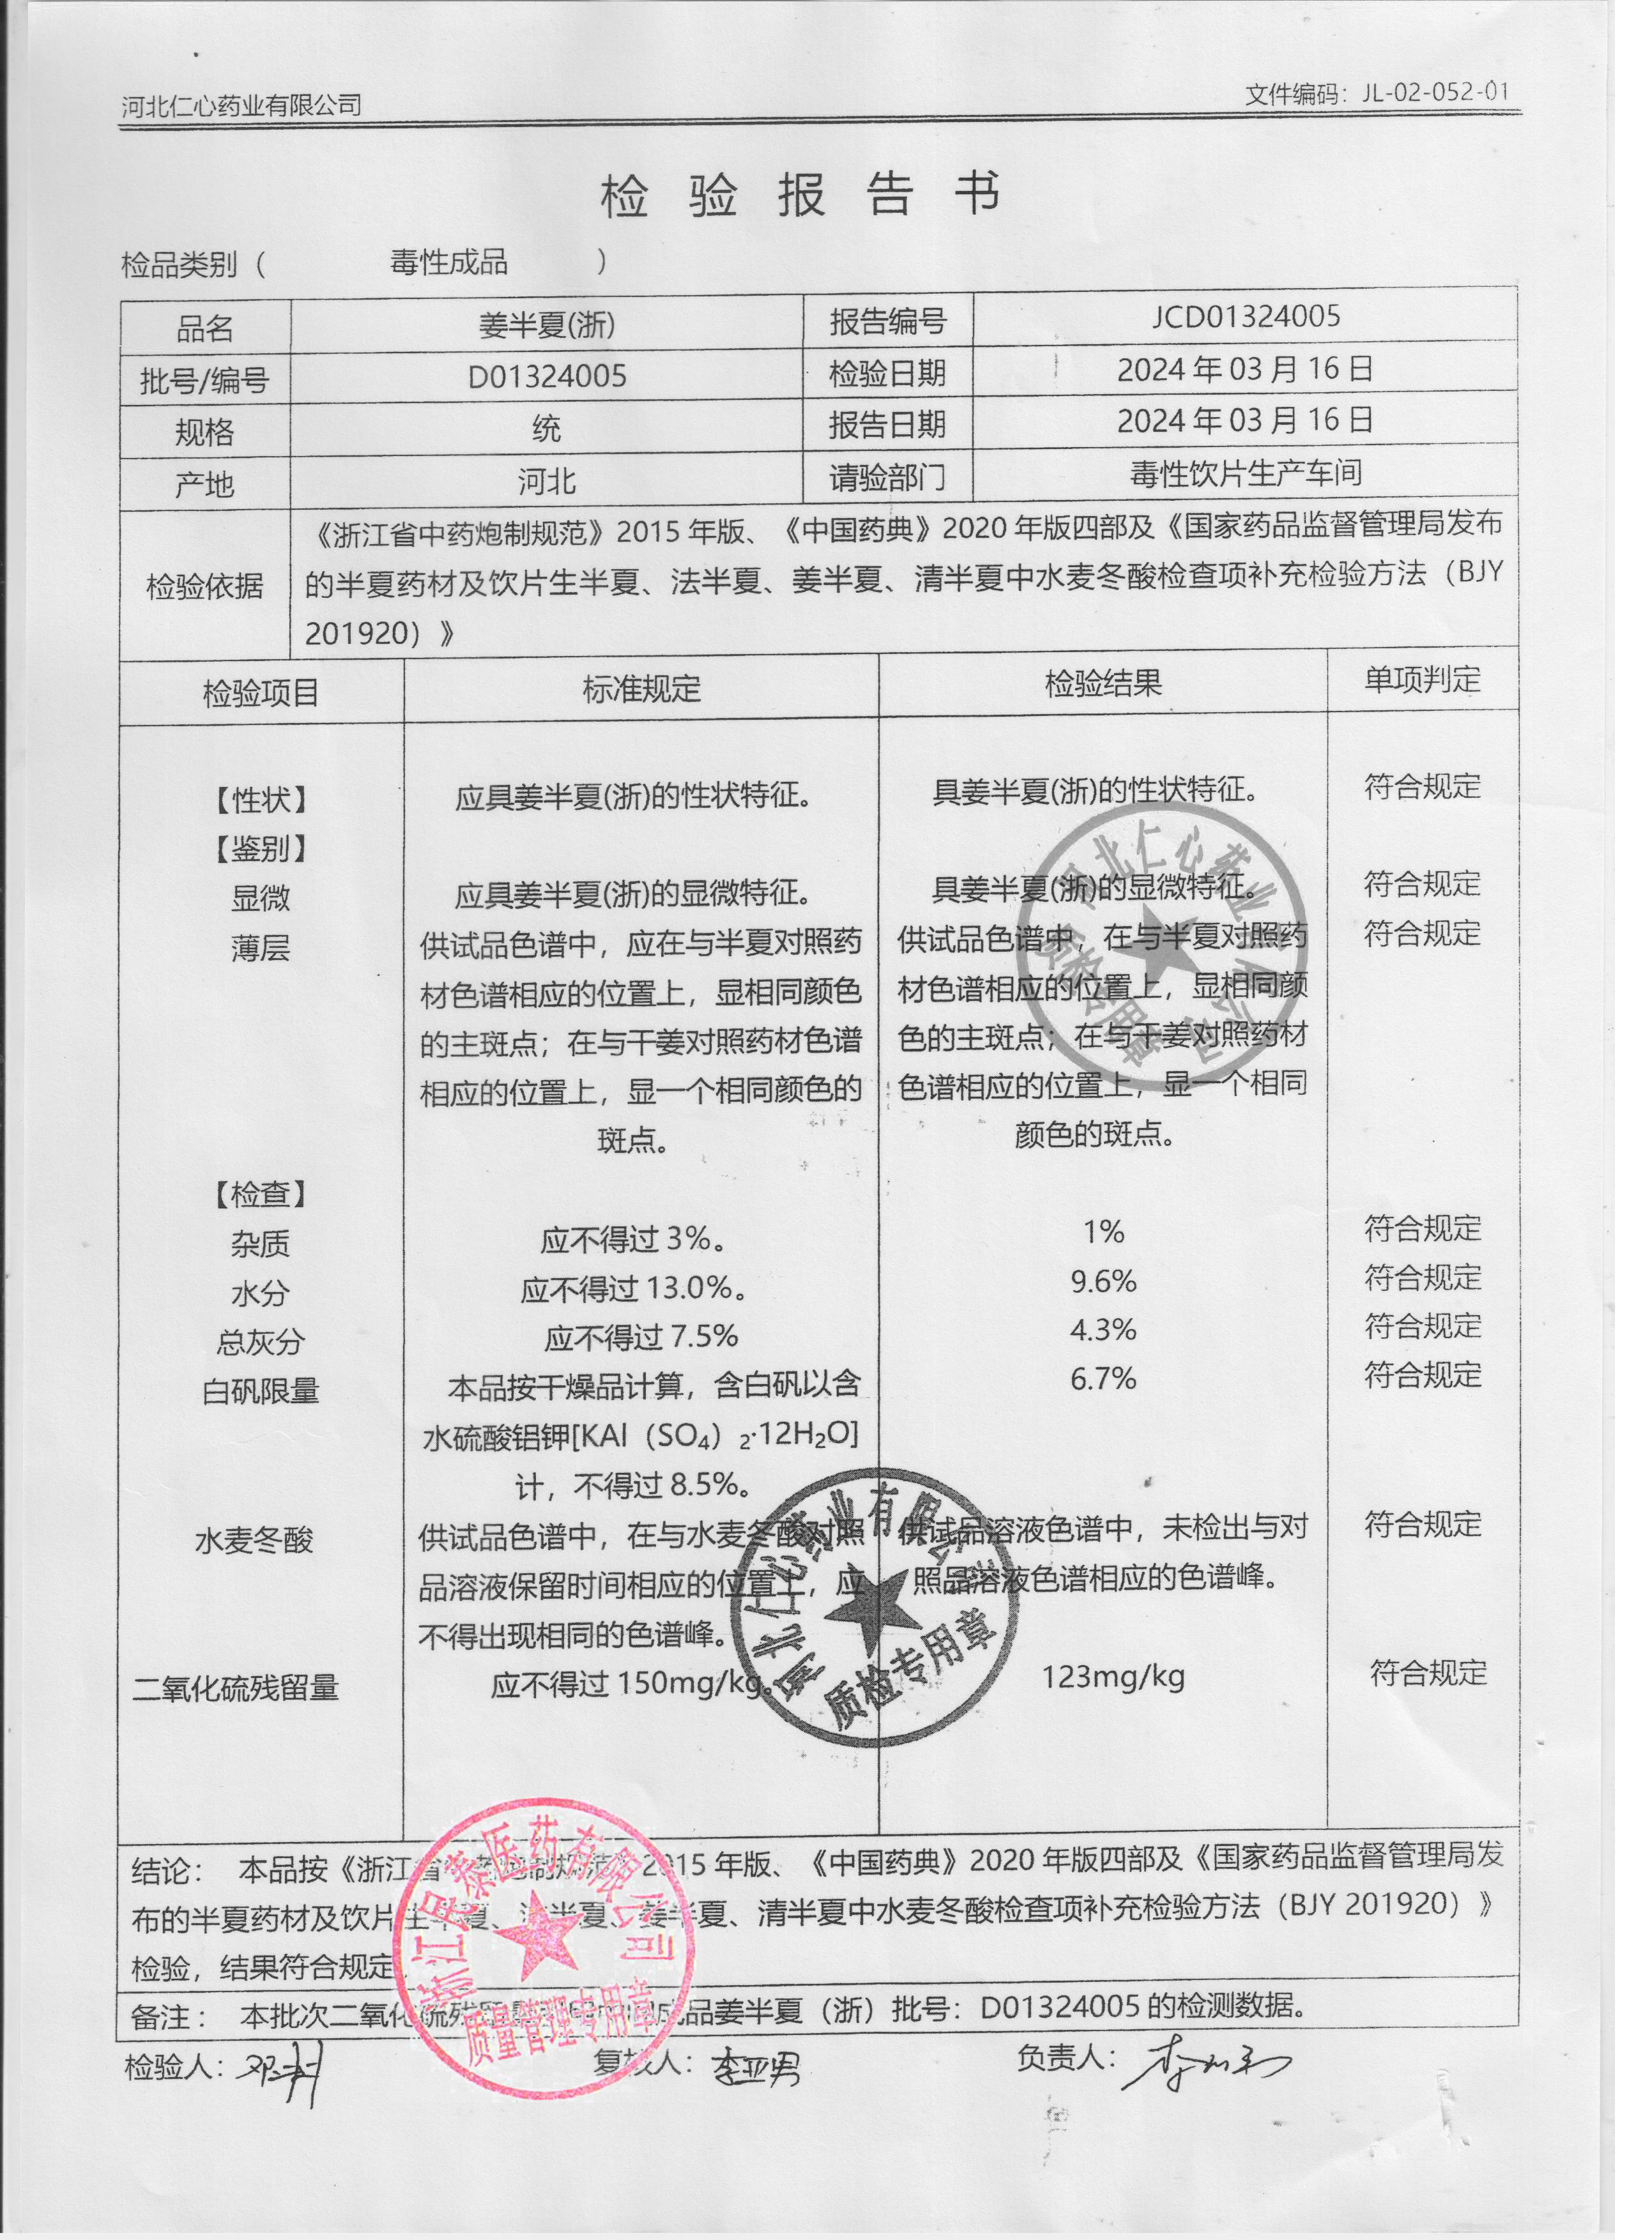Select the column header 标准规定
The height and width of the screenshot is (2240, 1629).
[x=641, y=689]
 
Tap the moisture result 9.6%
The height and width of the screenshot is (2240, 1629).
[x=1103, y=1282]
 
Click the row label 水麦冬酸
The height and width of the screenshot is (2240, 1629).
[x=254, y=1541]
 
